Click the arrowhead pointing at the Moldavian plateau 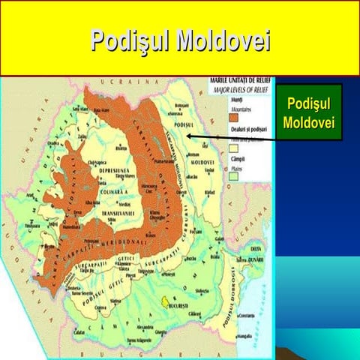click(x=190, y=136)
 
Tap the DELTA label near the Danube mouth click(x=256, y=247)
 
